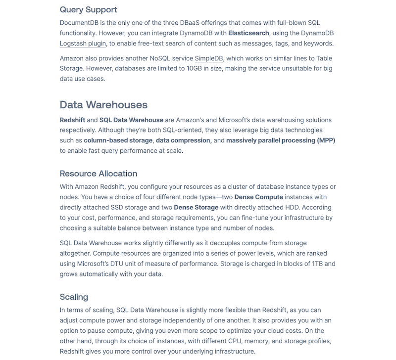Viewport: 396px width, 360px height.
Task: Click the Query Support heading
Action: click(88, 9)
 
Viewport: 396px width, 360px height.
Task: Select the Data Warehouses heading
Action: click(103, 104)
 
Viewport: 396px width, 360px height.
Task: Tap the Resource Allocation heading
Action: click(99, 174)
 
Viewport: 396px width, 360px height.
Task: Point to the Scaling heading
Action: click(74, 297)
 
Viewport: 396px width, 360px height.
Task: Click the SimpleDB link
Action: click(209, 58)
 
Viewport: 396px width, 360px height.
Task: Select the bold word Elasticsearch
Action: click(248, 33)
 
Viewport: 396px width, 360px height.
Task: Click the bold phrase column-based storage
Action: click(118, 140)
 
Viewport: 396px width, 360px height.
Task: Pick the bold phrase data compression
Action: click(184, 140)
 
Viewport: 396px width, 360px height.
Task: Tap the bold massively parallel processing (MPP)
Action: click(281, 140)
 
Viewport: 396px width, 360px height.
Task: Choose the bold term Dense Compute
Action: click(259, 197)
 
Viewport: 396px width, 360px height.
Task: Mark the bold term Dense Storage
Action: click(196, 207)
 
